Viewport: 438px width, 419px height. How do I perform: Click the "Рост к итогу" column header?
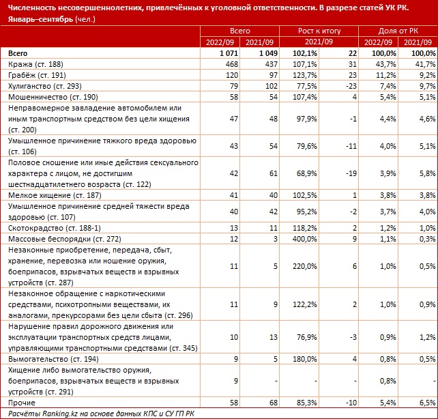coord(319,31)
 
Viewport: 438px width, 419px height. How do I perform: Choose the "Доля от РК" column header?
coord(398,31)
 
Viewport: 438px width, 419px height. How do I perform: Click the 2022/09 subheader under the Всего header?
coord(220,42)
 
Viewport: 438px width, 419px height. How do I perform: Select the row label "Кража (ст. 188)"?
coord(35,64)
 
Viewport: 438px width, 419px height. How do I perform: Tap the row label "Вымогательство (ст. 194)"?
coord(53,359)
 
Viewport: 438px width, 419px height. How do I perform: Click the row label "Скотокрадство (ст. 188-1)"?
coord(54,228)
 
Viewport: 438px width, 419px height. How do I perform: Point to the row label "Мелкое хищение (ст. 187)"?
coord(55,195)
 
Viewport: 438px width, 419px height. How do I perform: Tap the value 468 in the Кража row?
coord(232,64)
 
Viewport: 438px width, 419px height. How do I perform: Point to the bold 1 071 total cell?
coord(229,53)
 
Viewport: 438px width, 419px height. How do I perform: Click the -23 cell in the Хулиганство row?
coord(351,86)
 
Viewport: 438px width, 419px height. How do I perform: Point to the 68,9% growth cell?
coord(307,173)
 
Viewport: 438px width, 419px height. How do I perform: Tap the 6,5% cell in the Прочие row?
coord(427,403)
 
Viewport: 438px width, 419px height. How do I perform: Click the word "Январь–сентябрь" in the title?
coord(40,19)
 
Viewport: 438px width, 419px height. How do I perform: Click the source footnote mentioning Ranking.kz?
coord(101,414)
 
